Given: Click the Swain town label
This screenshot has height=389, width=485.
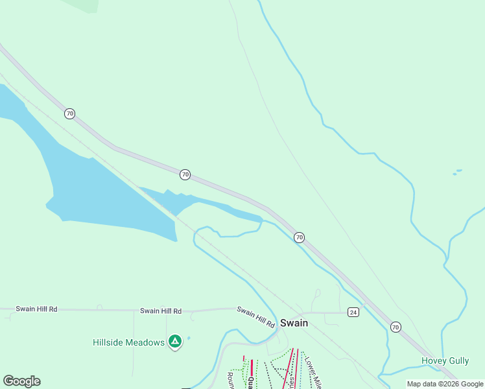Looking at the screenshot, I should click(294, 323).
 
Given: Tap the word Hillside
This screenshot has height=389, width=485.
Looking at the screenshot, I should click(112, 342).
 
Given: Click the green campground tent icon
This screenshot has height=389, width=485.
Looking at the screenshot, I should click(174, 341).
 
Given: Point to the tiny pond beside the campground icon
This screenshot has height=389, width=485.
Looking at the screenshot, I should click(189, 338).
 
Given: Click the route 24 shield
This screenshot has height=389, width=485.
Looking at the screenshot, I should click(353, 312).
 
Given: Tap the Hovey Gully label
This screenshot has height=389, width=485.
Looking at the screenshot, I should click(445, 360).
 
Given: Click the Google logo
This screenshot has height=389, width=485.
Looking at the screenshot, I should click(21, 381).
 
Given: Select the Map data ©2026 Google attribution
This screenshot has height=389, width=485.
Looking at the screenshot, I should click(445, 384).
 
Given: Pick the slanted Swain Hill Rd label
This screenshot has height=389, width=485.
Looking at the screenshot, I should click(256, 316).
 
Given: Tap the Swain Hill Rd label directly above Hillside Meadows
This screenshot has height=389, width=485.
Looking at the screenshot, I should click(160, 311).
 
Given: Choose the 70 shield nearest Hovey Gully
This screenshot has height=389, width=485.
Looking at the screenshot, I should click(396, 327).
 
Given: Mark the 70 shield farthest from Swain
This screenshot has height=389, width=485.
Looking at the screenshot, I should click(69, 113).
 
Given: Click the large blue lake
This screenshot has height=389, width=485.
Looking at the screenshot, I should click(104, 194).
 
